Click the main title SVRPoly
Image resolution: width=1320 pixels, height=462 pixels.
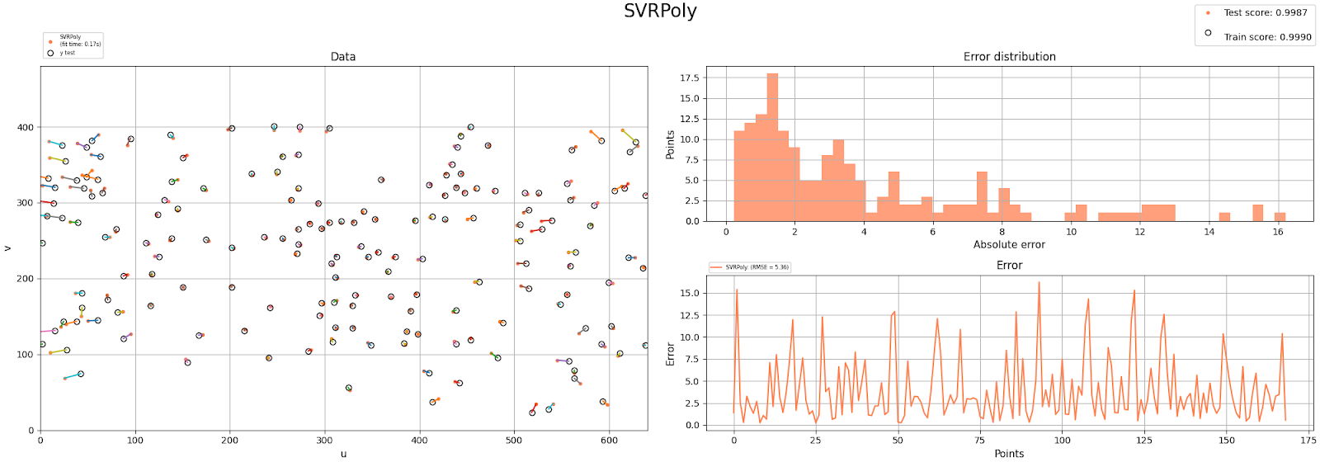[660, 11]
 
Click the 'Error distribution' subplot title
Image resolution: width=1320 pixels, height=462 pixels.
[1009, 57]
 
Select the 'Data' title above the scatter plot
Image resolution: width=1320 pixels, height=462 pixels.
[343, 57]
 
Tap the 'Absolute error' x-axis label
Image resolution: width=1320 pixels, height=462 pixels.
[1009, 244]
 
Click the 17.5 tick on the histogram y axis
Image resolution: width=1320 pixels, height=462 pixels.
[689, 78]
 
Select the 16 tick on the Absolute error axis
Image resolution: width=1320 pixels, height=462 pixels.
[1278, 232]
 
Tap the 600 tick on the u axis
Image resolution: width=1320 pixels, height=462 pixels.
[609, 441]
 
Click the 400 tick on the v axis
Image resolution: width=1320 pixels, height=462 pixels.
[26, 128]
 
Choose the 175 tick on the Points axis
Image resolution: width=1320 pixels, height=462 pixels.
[1308, 441]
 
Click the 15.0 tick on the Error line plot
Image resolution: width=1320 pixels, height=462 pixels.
[689, 294]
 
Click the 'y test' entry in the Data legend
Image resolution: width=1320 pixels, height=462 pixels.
[67, 53]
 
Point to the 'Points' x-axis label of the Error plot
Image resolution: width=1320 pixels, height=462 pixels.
[1009, 453]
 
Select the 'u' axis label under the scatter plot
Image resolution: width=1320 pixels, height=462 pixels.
[343, 453]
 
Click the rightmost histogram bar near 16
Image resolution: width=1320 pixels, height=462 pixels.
[1280, 217]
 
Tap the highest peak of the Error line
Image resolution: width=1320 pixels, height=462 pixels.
[1039, 283]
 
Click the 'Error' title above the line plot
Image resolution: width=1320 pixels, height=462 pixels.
[1009, 266]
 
